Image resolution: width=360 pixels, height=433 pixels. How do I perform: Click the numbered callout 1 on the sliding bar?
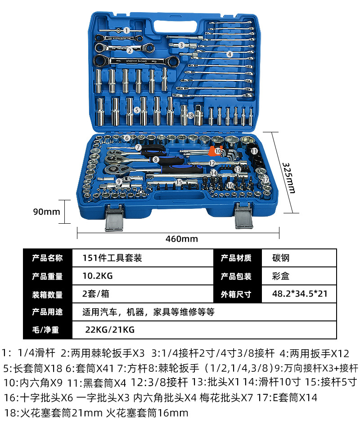click(126, 30)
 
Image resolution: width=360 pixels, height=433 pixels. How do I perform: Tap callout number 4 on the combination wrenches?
click(229, 54)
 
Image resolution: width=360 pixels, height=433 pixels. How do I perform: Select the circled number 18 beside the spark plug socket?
click(190, 116)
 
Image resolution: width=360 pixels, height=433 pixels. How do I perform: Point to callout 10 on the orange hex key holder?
click(218, 151)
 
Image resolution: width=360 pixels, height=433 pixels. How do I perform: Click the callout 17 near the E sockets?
click(265, 180)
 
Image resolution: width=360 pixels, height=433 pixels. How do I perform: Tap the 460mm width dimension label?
click(182, 239)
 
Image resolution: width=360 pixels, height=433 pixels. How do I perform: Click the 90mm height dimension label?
click(46, 212)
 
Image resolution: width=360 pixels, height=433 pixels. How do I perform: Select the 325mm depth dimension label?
click(289, 178)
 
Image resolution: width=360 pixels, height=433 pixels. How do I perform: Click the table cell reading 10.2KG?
click(98, 276)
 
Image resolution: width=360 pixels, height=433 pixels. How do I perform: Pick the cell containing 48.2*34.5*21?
click(300, 293)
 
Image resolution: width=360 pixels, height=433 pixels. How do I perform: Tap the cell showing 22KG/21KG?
click(110, 330)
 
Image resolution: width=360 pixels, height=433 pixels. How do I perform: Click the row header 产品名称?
click(47, 258)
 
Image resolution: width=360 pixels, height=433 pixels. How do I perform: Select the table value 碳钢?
click(281, 258)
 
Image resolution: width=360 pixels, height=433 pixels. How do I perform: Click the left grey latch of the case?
click(114, 217)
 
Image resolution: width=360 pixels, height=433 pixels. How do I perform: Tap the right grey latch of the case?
click(243, 216)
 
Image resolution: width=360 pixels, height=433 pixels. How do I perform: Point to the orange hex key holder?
click(216, 150)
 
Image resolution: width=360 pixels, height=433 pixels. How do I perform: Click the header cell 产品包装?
click(236, 276)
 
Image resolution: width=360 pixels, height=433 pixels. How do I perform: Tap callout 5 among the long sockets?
click(137, 110)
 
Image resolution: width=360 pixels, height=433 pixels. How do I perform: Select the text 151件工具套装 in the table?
click(112, 258)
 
